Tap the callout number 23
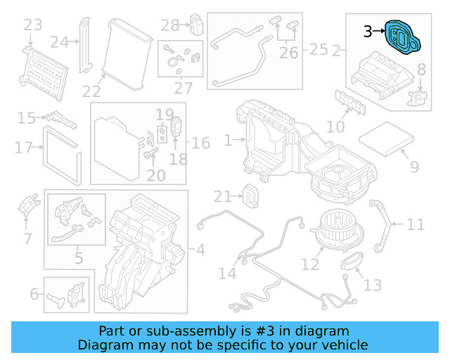coord(33,26)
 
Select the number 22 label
coord(91,91)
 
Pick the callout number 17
coord(23,148)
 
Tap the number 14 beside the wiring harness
coord(227,273)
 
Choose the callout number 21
coord(222,196)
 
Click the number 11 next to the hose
coord(416,225)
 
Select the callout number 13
coord(373,285)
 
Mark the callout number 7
coord(27,239)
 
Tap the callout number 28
coord(169,26)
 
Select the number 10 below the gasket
coord(335,127)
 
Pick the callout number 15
coord(27,118)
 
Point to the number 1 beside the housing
coord(228,141)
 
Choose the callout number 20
coord(155,175)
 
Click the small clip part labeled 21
coord(248,193)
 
